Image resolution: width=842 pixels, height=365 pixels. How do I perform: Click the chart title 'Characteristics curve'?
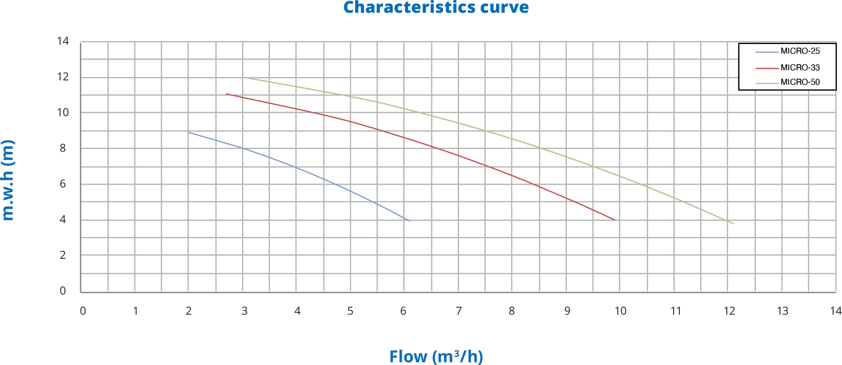pyautogui.click(x=436, y=7)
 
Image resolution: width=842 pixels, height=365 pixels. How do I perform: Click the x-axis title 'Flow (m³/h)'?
pyautogui.click(x=436, y=356)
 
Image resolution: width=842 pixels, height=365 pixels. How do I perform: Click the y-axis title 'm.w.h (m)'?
pyautogui.click(x=8, y=180)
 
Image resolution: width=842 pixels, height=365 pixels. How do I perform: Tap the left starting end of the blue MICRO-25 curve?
pyautogui.click(x=189, y=132)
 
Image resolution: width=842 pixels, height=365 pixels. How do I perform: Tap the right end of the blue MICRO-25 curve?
pyautogui.click(x=410, y=221)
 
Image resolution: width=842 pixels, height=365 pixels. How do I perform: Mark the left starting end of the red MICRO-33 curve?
pyautogui.click(x=226, y=94)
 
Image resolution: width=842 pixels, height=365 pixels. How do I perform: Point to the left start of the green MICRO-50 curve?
pyautogui.click(x=246, y=78)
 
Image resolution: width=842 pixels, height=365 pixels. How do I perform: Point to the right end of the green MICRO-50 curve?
pyautogui.click(x=734, y=224)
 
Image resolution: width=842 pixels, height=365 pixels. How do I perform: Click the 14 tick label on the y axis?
pyautogui.click(x=63, y=41)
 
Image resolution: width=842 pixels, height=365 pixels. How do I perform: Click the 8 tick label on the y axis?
pyautogui.click(x=63, y=148)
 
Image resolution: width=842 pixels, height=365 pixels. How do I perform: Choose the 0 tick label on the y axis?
pyautogui.click(x=63, y=290)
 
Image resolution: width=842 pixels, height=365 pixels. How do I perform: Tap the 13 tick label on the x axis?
pyautogui.click(x=783, y=311)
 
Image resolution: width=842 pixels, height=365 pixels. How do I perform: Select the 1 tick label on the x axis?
pyautogui.click(x=135, y=311)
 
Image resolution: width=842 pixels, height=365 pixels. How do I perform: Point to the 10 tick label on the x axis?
pyautogui.click(x=620, y=311)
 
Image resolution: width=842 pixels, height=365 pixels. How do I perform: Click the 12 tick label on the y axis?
pyautogui.click(x=63, y=77)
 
